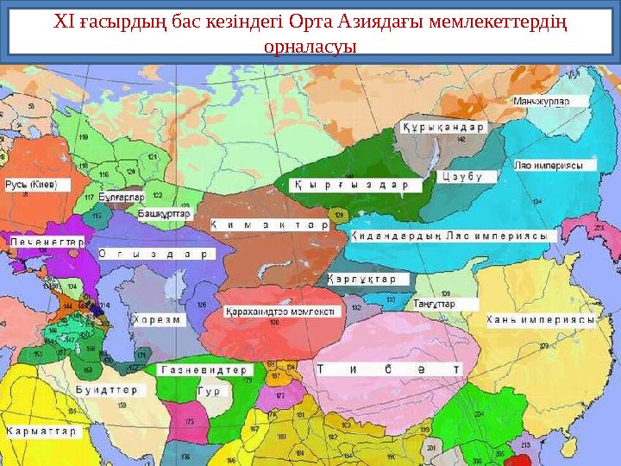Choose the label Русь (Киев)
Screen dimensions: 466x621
[28, 186]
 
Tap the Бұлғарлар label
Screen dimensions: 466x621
[127, 197]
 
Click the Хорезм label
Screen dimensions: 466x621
[156, 319]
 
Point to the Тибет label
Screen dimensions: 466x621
[387, 369]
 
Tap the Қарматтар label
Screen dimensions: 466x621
[41, 430]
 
